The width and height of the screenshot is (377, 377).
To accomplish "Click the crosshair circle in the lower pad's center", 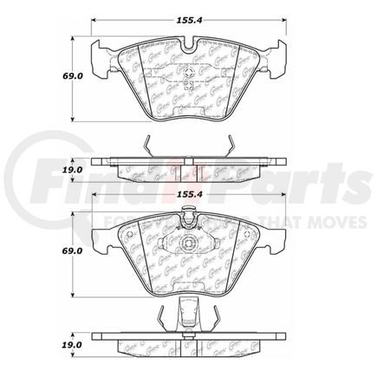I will tap(188, 238).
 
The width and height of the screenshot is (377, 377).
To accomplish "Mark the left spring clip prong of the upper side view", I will tap(148, 148).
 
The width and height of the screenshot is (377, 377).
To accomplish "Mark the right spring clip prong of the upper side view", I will tap(227, 148).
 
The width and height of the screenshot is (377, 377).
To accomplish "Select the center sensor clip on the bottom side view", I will tap(188, 310).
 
